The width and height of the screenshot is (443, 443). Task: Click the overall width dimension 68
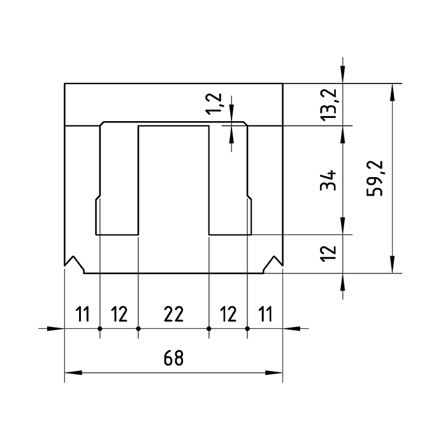pos(173,358)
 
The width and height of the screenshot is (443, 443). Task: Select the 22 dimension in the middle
pos(173,314)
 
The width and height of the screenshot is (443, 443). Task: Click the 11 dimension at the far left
pos(82,314)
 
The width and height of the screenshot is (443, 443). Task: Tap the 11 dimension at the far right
pos(265,314)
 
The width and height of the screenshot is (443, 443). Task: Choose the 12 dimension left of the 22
pos(119,314)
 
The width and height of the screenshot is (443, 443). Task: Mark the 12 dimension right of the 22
pos(228,314)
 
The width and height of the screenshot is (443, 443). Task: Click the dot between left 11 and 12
pos(100,329)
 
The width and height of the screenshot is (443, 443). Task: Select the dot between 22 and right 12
pos(209,329)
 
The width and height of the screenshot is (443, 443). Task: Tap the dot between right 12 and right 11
pos(247,329)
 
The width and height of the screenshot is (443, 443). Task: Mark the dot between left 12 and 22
pos(138,329)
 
